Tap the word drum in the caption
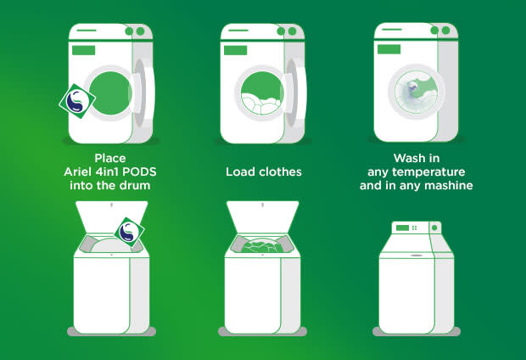coord(134,185)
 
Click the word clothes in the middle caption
coord(281,172)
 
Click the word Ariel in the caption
coord(77,172)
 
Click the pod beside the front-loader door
coord(77,101)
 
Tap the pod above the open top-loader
coord(130,232)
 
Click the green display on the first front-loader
coord(83,50)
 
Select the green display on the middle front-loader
coord(236,50)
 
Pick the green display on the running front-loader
coord(389,49)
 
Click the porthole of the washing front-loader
coord(417,92)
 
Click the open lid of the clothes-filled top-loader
coord(263,217)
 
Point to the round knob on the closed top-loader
coord(434,228)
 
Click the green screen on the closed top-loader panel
coord(402,228)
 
